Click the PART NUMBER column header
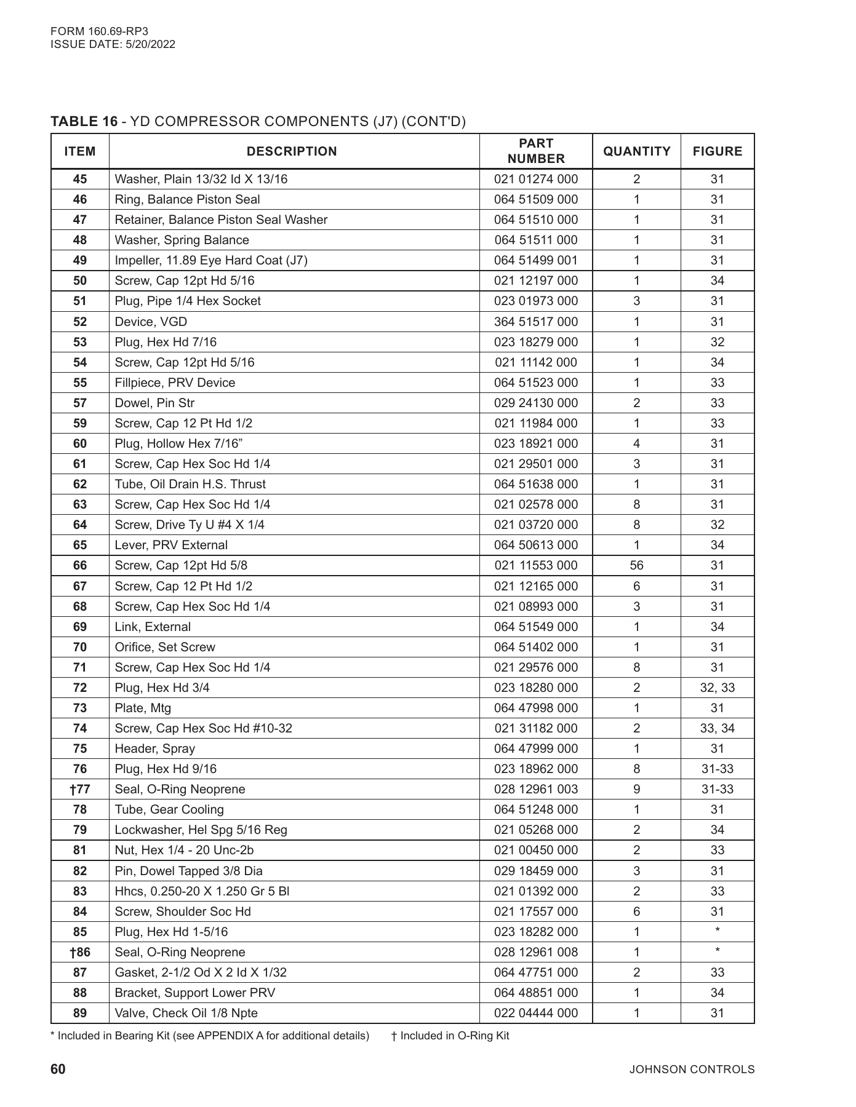point(535,151)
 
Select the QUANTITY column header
point(636,151)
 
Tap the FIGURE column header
point(717,151)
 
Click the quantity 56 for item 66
point(636,565)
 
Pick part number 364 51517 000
point(535,322)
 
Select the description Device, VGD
point(151,322)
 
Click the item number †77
point(80,789)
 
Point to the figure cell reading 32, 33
point(717,688)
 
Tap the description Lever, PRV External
point(171,545)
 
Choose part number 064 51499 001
point(535,260)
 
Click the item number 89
point(80,1013)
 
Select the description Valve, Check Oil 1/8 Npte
point(186,1013)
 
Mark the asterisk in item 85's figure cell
point(718,931)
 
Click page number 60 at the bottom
point(58,1069)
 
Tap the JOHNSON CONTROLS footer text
point(692,1069)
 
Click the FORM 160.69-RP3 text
point(99,31)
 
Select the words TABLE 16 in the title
point(84,121)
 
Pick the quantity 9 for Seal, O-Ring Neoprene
point(636,789)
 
